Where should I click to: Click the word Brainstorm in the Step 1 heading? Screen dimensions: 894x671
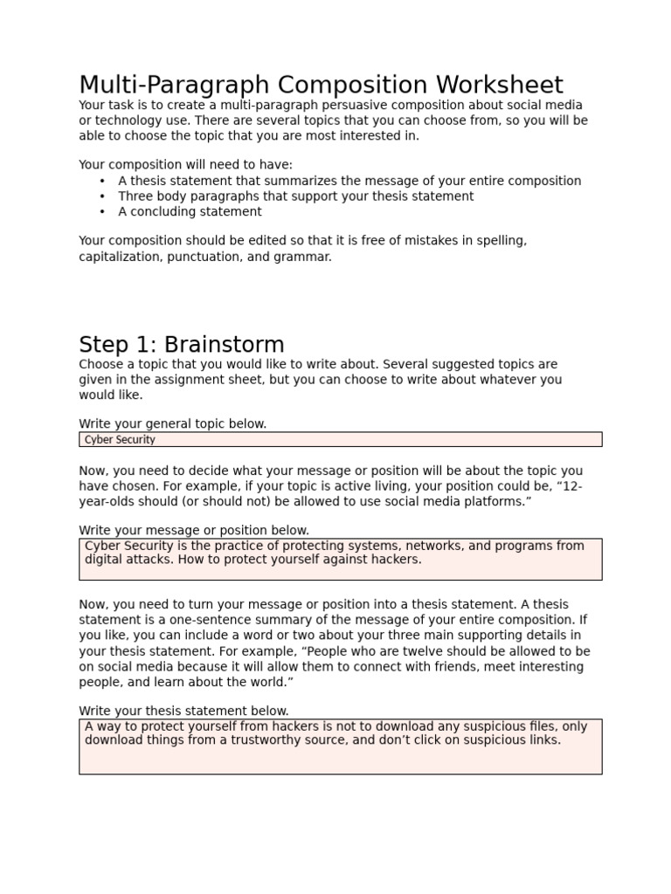coord(225,344)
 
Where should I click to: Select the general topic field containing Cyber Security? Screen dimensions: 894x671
coord(340,439)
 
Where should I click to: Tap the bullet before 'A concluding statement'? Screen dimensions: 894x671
coord(103,212)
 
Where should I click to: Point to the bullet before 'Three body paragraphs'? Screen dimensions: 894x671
coord(103,196)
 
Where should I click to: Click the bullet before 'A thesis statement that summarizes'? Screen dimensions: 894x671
coord(103,181)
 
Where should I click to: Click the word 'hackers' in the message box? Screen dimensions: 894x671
coord(395,560)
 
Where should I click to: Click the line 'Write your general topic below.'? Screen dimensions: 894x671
coord(173,423)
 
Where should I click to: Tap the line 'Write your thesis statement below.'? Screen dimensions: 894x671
coord(183,711)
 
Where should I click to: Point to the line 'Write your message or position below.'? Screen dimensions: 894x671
coord(194,530)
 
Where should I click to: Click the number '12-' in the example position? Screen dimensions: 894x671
coord(573,486)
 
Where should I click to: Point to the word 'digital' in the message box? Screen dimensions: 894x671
coord(105,560)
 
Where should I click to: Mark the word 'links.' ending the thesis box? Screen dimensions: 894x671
coord(542,740)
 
